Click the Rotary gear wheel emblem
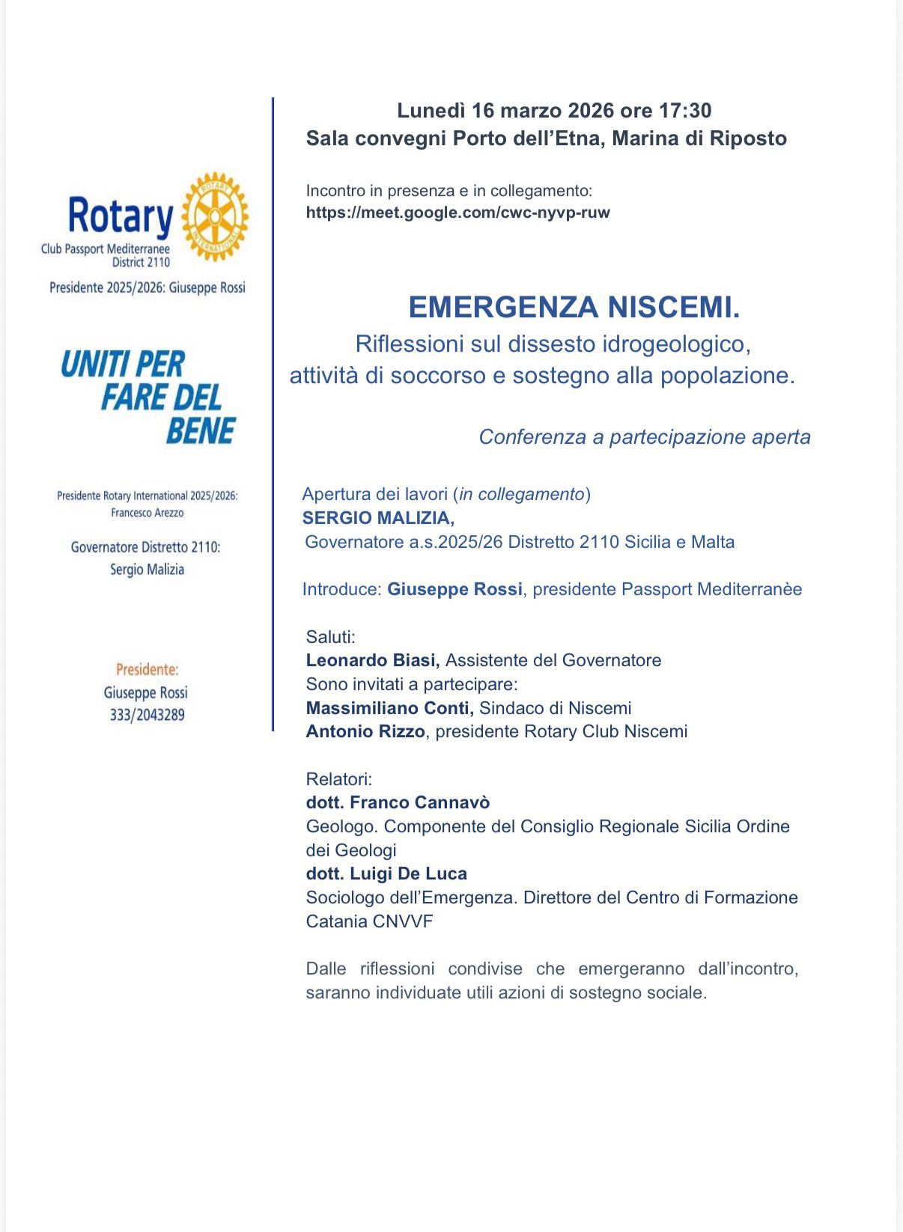tap(215, 217)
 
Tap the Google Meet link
tap(457, 213)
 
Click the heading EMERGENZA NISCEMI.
tap(574, 307)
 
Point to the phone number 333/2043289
tap(147, 715)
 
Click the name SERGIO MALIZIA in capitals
tap(378, 518)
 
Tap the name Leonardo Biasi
tap(372, 660)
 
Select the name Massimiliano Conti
tap(389, 708)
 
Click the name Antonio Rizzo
tap(365, 731)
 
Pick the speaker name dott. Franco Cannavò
tap(398, 802)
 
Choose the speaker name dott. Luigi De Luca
tap(386, 873)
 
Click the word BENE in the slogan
tap(201, 430)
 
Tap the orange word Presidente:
tap(147, 669)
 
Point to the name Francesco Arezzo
tap(147, 513)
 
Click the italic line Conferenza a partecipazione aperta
tap(644, 437)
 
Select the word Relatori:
tap(338, 779)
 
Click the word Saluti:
tap(330, 637)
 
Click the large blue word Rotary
tap(120, 216)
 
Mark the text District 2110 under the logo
tap(141, 263)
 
